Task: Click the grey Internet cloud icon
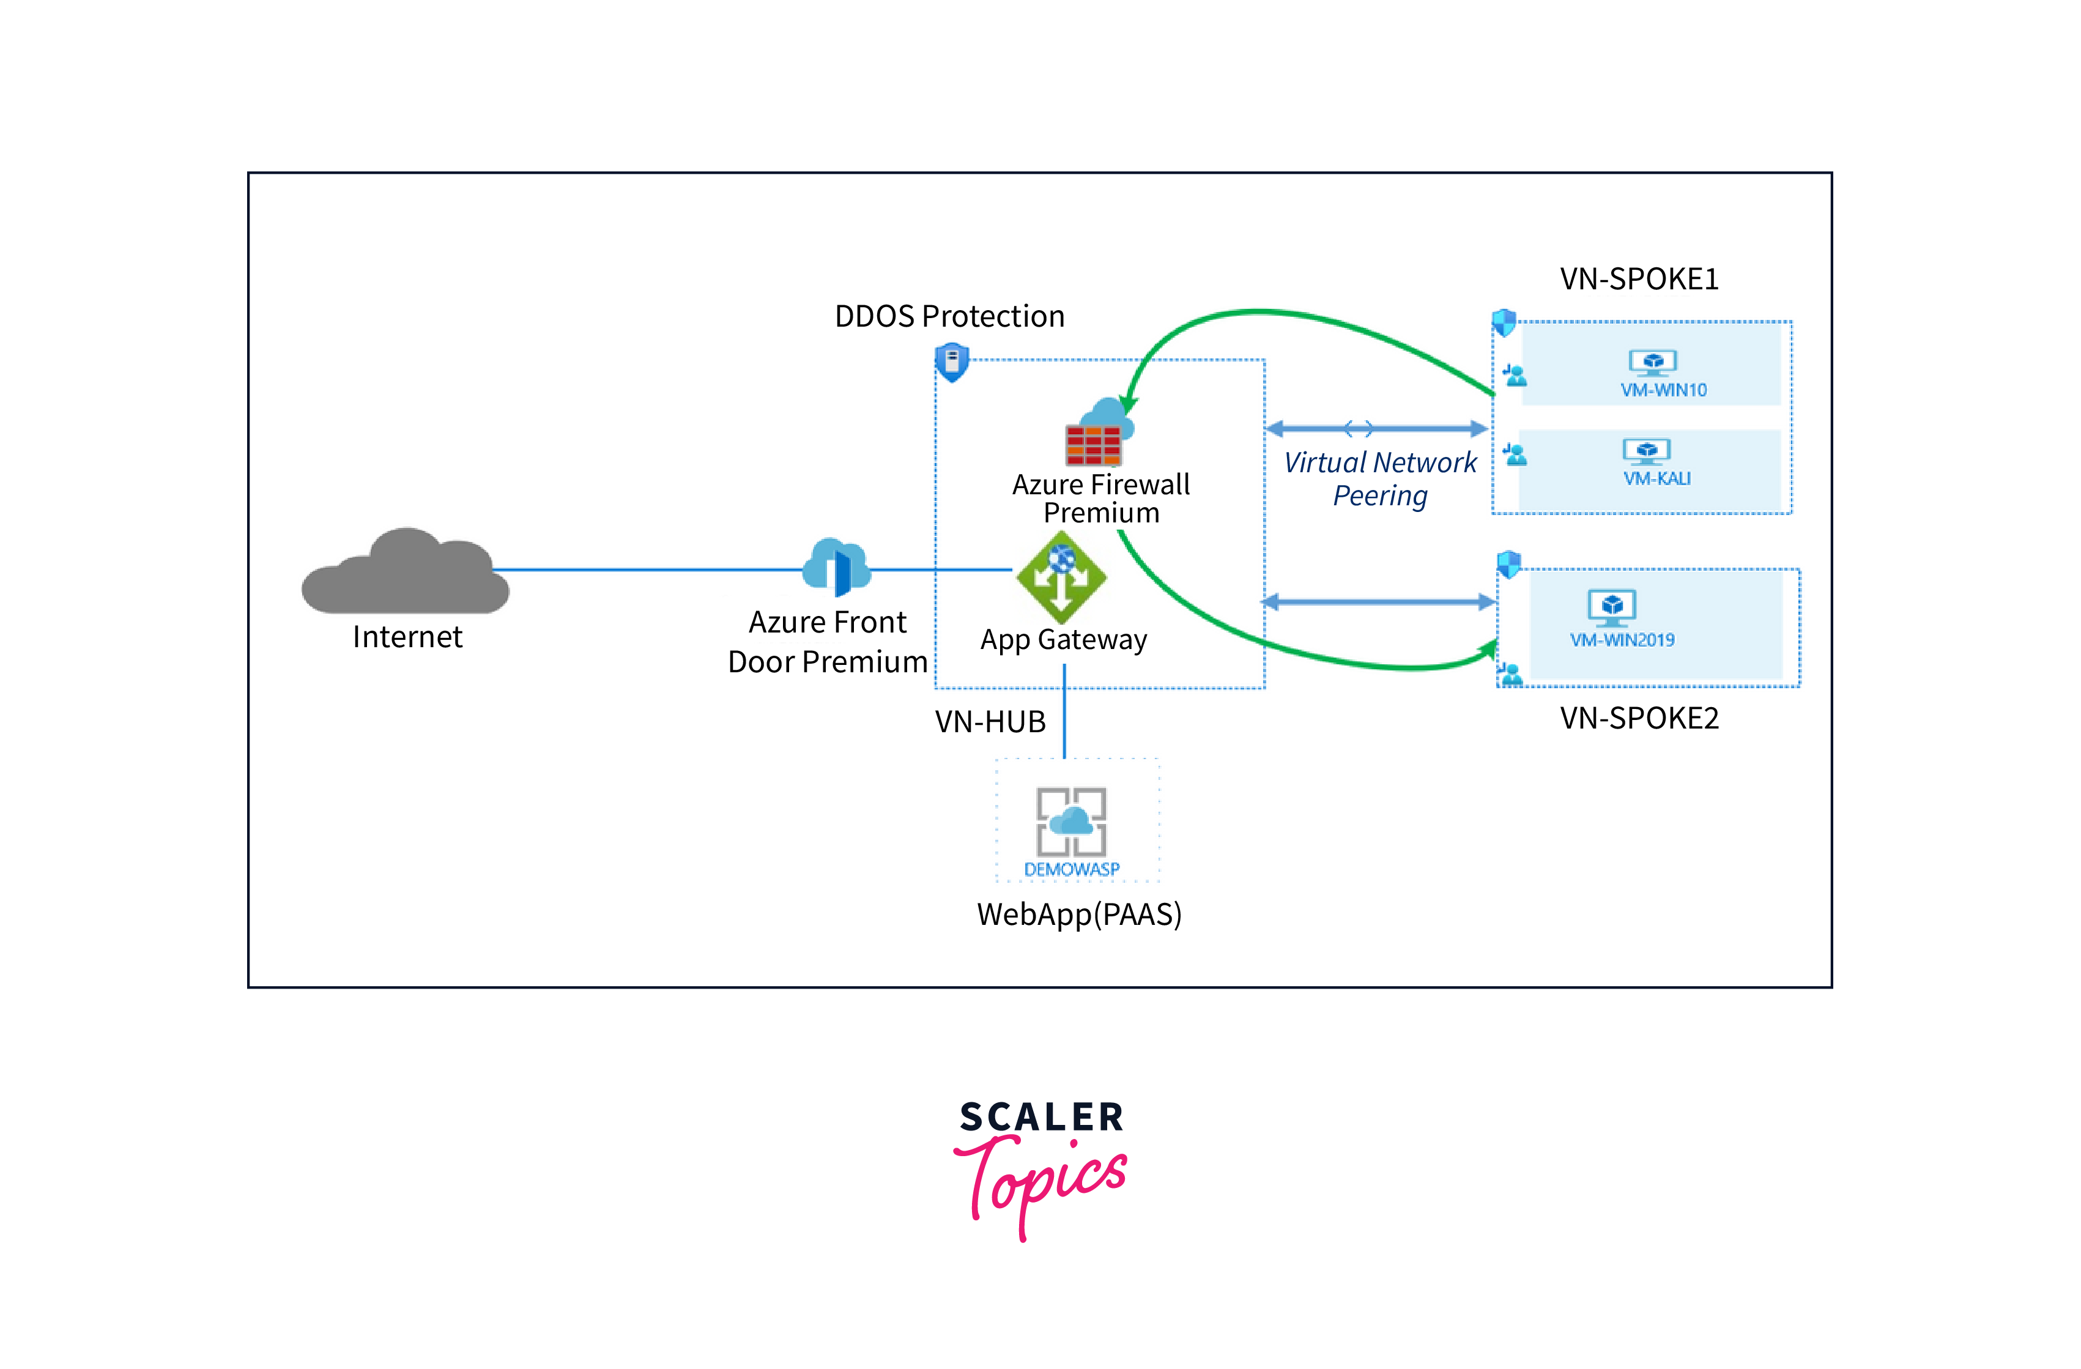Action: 405,572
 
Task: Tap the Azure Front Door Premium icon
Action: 836,566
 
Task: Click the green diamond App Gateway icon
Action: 1061,577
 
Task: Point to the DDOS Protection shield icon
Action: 951,361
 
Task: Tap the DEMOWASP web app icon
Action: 1071,822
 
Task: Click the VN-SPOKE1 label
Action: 1639,279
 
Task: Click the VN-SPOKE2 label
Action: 1639,718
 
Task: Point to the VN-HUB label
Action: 990,721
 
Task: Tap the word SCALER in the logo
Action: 1041,1117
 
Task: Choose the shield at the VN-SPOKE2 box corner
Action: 1508,564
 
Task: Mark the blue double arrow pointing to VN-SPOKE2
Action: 1379,601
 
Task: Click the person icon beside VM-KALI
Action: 1515,454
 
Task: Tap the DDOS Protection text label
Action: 949,316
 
